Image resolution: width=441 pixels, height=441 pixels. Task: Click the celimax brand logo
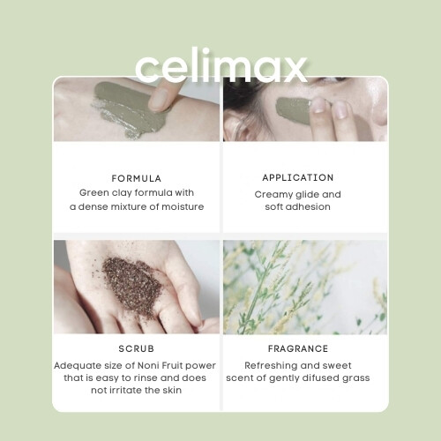tap(221, 65)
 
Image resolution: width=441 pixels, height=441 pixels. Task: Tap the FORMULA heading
tap(137, 178)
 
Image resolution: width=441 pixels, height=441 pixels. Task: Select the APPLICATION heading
tap(298, 177)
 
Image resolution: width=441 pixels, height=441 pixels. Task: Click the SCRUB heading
tap(137, 348)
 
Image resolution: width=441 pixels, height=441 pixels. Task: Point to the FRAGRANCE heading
tap(298, 348)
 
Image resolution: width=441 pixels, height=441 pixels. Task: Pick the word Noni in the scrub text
tap(149, 365)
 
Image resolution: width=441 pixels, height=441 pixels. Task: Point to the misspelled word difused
tap(313, 377)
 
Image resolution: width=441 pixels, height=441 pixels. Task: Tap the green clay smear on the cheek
tap(293, 109)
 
